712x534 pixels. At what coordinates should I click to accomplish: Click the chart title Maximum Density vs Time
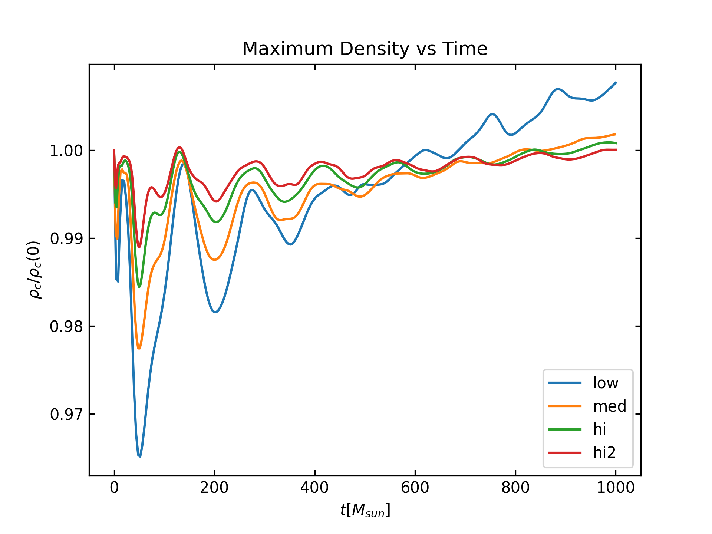click(365, 49)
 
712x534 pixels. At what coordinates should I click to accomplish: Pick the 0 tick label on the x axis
click(114, 488)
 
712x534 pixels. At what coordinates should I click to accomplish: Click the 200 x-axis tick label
click(214, 488)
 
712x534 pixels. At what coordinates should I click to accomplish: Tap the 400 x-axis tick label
click(314, 488)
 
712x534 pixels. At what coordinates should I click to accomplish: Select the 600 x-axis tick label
click(415, 488)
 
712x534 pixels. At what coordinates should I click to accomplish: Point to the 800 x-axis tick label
click(515, 488)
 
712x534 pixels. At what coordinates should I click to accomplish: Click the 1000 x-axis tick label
click(616, 488)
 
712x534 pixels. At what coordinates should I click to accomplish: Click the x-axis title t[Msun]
click(365, 511)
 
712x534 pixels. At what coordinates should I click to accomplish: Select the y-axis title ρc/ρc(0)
click(35, 270)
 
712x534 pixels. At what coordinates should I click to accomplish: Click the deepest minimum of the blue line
click(139, 456)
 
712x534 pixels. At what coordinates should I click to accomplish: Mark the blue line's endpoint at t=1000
click(616, 82)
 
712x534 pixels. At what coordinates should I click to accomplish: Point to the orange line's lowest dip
click(139, 349)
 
